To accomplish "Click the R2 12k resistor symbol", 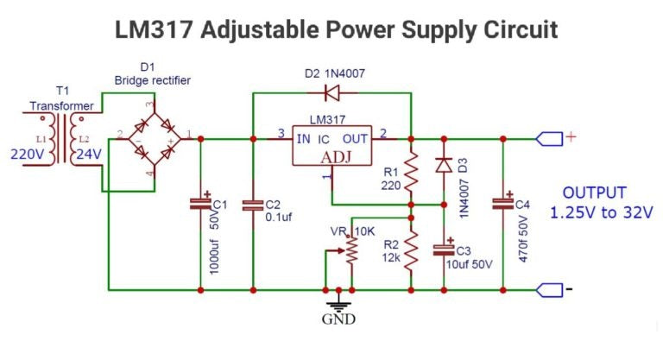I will coord(412,251).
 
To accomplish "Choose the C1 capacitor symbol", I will coord(200,204).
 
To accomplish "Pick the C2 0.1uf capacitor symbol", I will coord(252,205).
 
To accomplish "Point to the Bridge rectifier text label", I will coord(152,80).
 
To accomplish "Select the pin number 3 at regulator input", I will coord(280,132).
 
